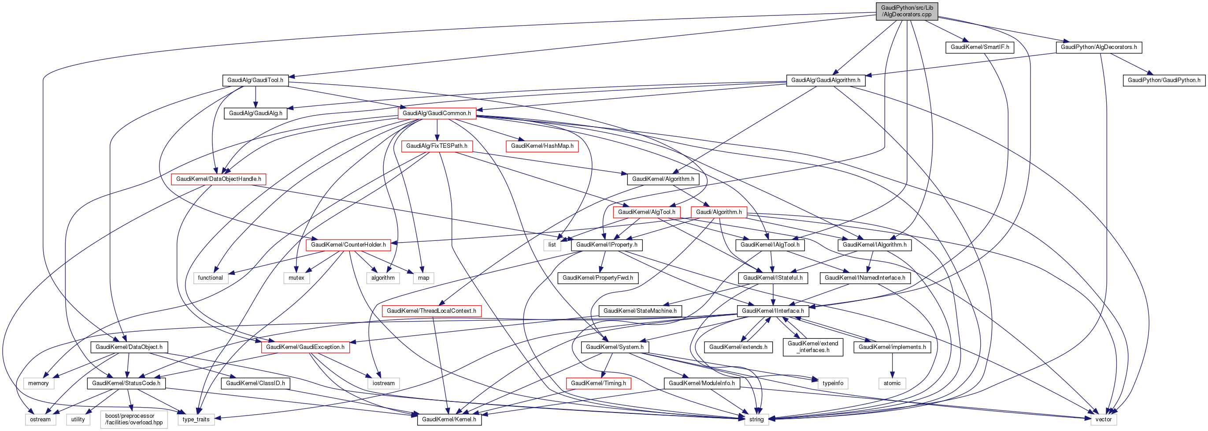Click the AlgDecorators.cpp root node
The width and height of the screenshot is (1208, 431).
coord(907,11)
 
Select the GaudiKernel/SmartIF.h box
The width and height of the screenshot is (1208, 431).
coord(980,47)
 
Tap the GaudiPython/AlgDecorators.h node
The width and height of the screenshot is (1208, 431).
coord(1098,47)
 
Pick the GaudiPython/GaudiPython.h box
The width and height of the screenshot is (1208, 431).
coord(1164,80)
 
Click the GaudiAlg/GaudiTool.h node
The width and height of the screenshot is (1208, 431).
coord(255,80)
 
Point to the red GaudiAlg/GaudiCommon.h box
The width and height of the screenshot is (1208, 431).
coord(437,113)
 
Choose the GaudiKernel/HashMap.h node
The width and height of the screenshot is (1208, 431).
coord(541,146)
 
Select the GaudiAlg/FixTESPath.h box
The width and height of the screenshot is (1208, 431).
coord(437,146)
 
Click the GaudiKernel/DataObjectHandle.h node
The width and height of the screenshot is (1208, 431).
coord(219,179)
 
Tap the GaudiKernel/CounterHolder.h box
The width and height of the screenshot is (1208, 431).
coord(348,244)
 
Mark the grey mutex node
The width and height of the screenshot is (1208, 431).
coord(296,278)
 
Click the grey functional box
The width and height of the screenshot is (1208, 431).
coord(210,278)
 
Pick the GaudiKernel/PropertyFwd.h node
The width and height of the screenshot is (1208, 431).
coord(597,278)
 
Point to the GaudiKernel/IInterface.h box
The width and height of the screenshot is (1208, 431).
coord(772,311)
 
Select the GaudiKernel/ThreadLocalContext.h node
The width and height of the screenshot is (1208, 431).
coord(431,311)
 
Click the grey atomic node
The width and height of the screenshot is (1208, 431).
coord(892,383)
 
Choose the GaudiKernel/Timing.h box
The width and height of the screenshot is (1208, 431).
coord(598,383)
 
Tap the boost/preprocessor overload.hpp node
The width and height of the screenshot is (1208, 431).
coord(133,419)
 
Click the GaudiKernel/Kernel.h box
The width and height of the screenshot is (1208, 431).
coord(449,419)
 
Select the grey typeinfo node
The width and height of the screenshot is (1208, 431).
coord(833,383)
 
